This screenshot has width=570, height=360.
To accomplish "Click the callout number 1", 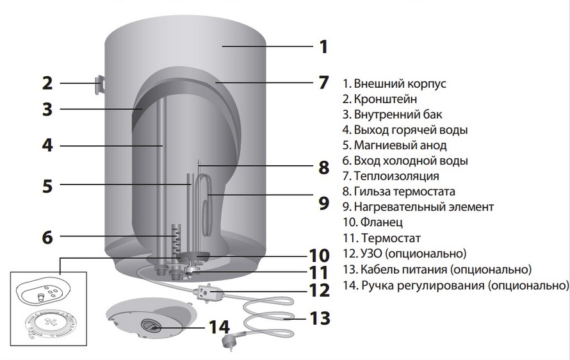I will (x=323, y=46).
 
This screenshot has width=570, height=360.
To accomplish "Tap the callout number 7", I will (x=323, y=82).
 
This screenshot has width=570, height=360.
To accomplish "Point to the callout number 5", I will (x=47, y=186).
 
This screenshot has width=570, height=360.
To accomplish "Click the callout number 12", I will (x=318, y=290).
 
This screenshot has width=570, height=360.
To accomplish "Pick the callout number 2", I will (x=47, y=83).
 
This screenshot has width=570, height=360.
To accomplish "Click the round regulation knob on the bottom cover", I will (x=152, y=326).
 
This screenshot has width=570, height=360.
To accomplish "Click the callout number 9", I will (x=323, y=203).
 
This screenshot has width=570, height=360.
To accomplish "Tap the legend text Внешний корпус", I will (x=395, y=84).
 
